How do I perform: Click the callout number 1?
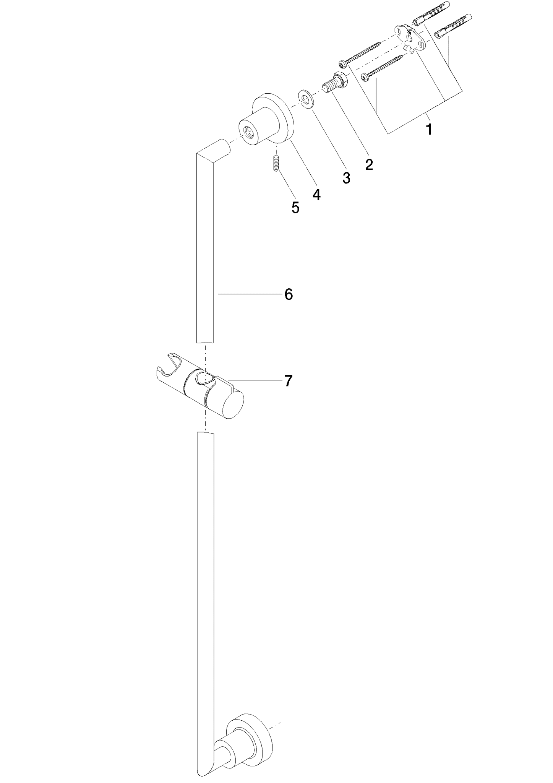tap(429, 129)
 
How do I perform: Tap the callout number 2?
tap(369, 164)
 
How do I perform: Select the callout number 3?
tap(346, 177)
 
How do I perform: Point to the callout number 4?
tap(316, 194)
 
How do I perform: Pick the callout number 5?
tap(295, 207)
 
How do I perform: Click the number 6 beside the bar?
tap(289, 294)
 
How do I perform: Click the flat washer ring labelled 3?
tap(306, 98)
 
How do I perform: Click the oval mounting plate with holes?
tap(410, 38)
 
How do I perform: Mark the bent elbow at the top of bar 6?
tap(212, 151)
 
